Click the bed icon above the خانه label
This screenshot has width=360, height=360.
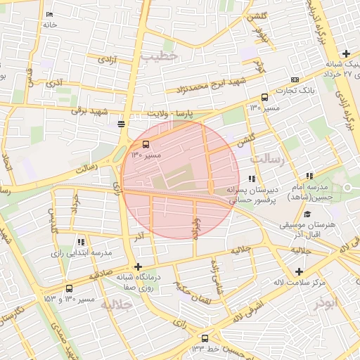point(49,15)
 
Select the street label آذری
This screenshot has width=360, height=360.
point(54,84)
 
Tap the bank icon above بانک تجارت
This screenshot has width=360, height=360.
point(295,79)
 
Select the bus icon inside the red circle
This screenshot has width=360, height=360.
point(136,144)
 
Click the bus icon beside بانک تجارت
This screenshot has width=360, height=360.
point(264,98)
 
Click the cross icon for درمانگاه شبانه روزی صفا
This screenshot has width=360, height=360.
point(139,266)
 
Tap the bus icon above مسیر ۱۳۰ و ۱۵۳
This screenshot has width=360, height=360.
point(68,288)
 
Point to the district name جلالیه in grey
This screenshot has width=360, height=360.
point(117,305)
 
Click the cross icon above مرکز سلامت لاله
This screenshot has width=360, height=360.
point(300,271)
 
